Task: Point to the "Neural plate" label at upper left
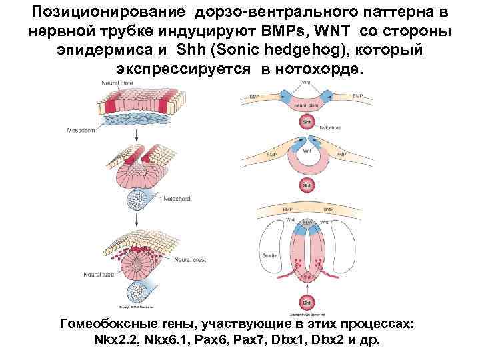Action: [x=115, y=83]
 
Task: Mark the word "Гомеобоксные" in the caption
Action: [x=113, y=324]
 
